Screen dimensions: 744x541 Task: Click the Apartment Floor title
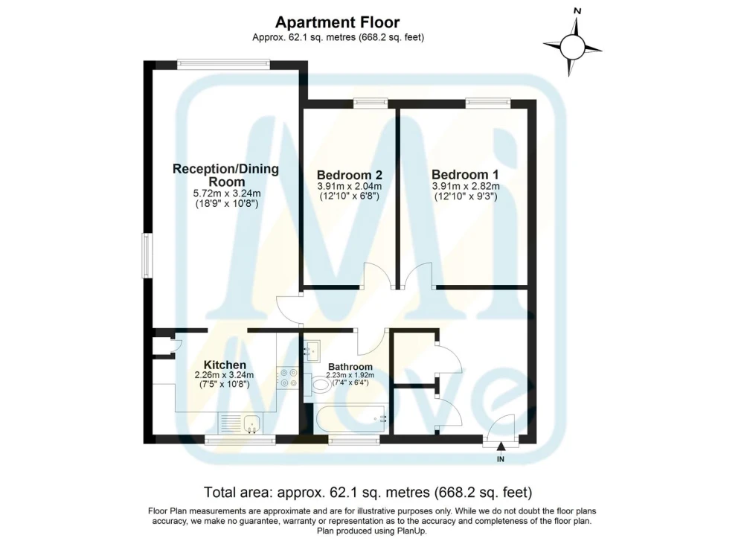[x=337, y=22]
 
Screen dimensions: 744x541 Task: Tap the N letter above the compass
[x=577, y=10]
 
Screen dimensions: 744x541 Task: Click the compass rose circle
[x=572, y=46]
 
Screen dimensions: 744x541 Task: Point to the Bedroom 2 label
[x=350, y=175]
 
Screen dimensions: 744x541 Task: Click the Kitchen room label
[x=225, y=365]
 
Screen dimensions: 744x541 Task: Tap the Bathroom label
[x=350, y=367]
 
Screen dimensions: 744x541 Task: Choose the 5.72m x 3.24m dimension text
[x=227, y=193]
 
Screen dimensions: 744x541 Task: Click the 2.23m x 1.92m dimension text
[x=350, y=375]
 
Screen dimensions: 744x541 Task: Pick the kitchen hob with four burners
[x=288, y=378]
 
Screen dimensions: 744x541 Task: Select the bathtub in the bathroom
[x=351, y=418]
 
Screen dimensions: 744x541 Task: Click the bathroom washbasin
[x=312, y=351]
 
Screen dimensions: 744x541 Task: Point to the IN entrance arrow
[x=501, y=445]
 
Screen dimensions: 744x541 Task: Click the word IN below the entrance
[x=501, y=459]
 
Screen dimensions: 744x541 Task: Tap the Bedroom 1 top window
[x=488, y=103]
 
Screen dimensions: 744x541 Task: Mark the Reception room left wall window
[x=147, y=255]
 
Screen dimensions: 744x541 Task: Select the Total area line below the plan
[x=368, y=492]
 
